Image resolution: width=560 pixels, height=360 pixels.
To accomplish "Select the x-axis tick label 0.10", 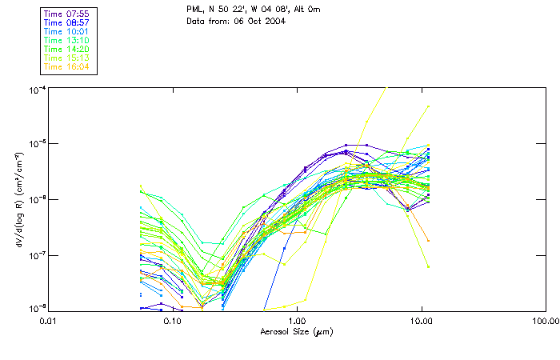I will pyautogui.click(x=172, y=320).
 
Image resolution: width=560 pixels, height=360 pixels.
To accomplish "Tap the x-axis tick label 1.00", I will pyautogui.click(x=297, y=320).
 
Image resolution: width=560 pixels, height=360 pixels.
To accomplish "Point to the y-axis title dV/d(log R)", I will pyautogui.click(x=17, y=199).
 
